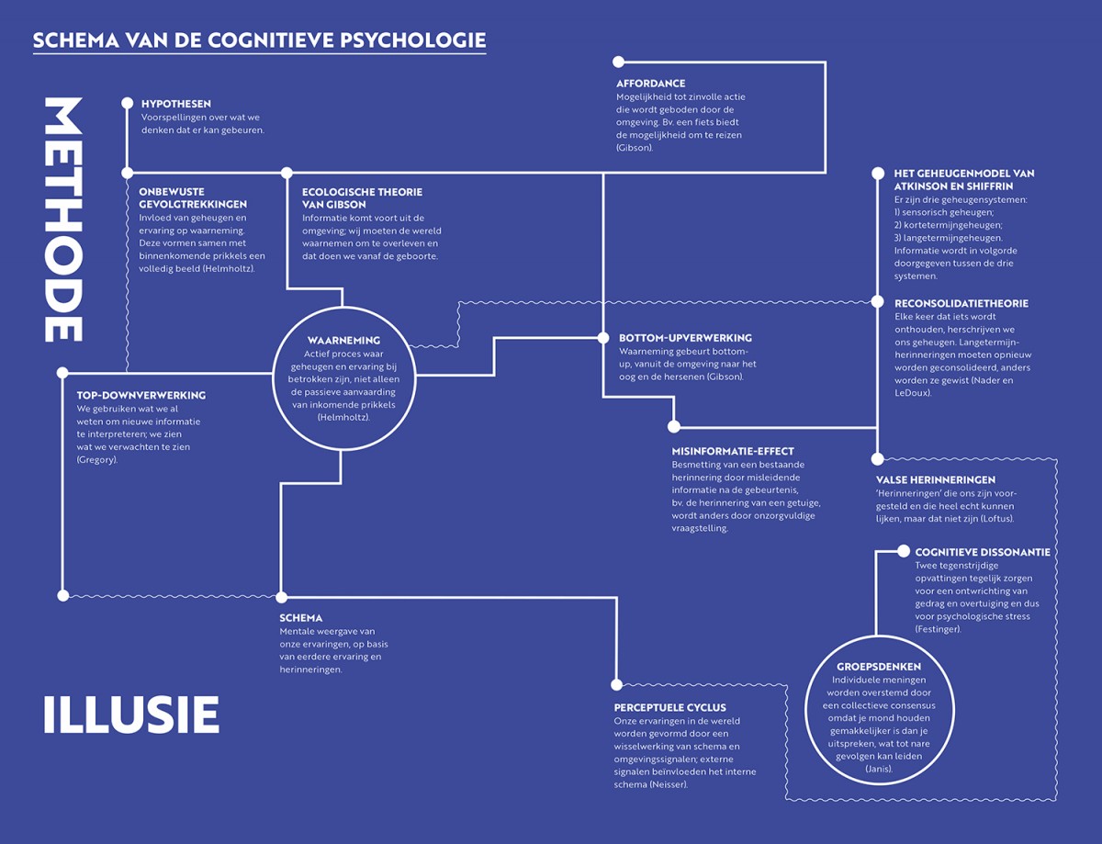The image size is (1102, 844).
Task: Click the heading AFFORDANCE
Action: pos(651,84)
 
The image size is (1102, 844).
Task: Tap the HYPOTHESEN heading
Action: pos(176,104)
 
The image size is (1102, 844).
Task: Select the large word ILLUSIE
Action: pos(131,715)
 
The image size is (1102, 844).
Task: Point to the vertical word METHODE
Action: pos(63,219)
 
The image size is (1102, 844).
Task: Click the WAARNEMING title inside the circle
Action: pos(343,341)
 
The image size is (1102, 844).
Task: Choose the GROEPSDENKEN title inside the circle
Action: pos(879,667)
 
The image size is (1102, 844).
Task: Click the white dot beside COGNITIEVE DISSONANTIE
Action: pos(904,551)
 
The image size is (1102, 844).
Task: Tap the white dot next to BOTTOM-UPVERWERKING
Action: pos(603,338)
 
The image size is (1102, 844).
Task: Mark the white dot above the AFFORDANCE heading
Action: pos(618,62)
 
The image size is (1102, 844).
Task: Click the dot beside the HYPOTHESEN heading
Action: pos(128,104)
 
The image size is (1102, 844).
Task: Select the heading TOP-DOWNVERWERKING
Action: pos(141,396)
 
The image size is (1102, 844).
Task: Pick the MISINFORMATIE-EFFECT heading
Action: pos(733,451)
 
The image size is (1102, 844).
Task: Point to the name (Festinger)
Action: pos(939,629)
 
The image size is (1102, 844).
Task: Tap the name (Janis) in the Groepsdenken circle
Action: pos(879,769)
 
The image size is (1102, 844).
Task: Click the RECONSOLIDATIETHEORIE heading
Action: pos(961,304)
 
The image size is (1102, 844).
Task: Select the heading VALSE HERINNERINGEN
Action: pos(936,480)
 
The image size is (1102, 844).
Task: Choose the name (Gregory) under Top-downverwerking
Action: pos(96,460)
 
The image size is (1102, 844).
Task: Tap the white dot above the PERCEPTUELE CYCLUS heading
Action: pos(617,685)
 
